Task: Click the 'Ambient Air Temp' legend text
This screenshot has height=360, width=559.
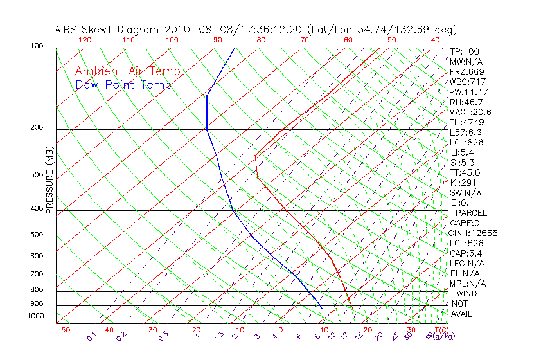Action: click(x=127, y=72)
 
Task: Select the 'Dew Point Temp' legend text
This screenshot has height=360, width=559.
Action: click(x=123, y=85)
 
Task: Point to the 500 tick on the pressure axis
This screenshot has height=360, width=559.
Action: click(x=37, y=235)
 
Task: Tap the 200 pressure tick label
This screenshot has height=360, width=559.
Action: click(x=37, y=128)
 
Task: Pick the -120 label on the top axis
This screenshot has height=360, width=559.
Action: click(x=82, y=40)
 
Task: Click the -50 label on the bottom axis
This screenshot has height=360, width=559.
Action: click(x=62, y=330)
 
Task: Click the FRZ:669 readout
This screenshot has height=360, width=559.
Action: click(x=467, y=71)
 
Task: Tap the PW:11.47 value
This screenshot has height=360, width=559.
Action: click(x=469, y=92)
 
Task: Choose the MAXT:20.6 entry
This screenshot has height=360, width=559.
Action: click(x=471, y=112)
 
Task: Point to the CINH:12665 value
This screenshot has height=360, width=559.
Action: click(x=474, y=233)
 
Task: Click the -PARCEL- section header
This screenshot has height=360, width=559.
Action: click(x=472, y=213)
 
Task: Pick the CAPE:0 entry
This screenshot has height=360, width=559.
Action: click(x=465, y=222)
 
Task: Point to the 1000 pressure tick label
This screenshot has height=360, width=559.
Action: click(x=35, y=316)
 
